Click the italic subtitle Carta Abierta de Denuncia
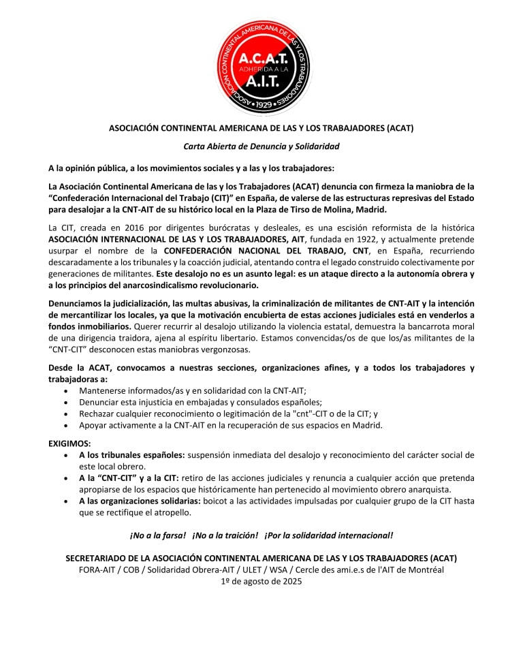(x=261, y=146)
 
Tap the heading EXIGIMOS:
(x=69, y=443)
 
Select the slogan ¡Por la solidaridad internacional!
(x=328, y=535)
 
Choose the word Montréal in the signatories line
(x=424, y=570)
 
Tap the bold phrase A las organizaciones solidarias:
(x=140, y=501)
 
